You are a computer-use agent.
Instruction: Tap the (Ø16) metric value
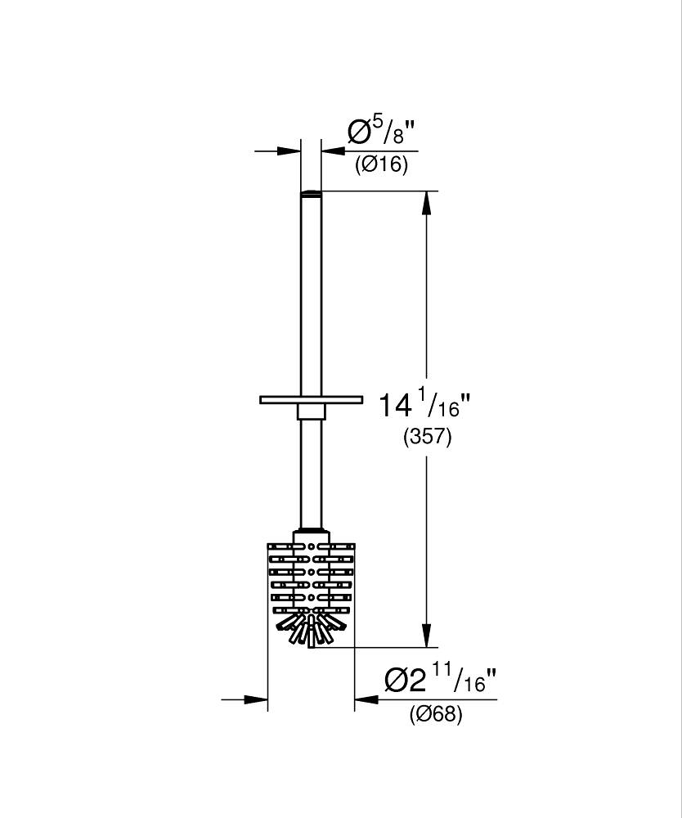pyautogui.click(x=382, y=165)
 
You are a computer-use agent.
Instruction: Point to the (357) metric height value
pyautogui.click(x=427, y=437)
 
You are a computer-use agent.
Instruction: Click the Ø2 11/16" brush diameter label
pyautogui.click(x=440, y=681)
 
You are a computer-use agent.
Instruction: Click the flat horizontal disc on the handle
pyautogui.click(x=311, y=400)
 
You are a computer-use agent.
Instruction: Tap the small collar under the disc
pyautogui.click(x=311, y=411)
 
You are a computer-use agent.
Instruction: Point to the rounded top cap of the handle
pyautogui.click(x=311, y=194)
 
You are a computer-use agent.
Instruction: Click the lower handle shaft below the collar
pyautogui.click(x=311, y=474)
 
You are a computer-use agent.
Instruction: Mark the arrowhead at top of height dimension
pyautogui.click(x=427, y=202)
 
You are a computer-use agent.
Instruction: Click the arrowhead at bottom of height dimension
pyautogui.click(x=427, y=636)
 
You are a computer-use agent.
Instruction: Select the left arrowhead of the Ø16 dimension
pyautogui.click(x=289, y=151)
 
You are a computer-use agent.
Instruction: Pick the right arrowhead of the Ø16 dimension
pyautogui.click(x=334, y=151)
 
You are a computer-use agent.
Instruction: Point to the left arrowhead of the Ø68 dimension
pyautogui.click(x=255, y=699)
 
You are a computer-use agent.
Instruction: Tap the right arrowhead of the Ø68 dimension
pyautogui.click(x=366, y=699)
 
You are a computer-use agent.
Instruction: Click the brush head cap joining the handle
pyautogui.click(x=312, y=537)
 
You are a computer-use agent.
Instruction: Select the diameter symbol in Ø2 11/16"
pyautogui.click(x=397, y=681)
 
